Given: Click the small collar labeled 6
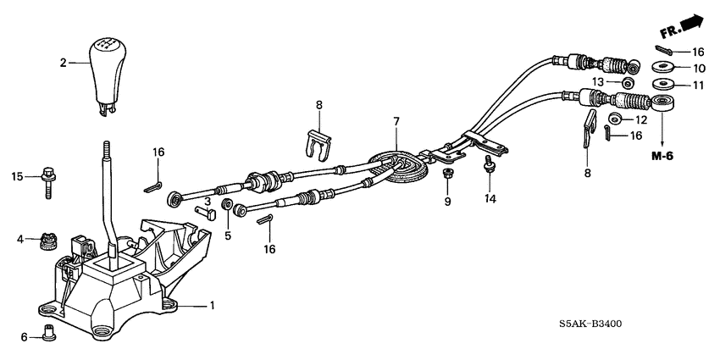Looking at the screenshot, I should (x=47, y=335).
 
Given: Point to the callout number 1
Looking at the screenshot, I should (x=213, y=305).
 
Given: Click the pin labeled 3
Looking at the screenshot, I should (x=204, y=214).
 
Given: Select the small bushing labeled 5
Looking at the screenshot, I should (x=227, y=206).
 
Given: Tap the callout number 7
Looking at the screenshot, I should (x=396, y=123).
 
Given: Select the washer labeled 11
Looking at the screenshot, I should (x=663, y=85).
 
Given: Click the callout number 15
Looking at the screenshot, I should (x=15, y=176).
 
